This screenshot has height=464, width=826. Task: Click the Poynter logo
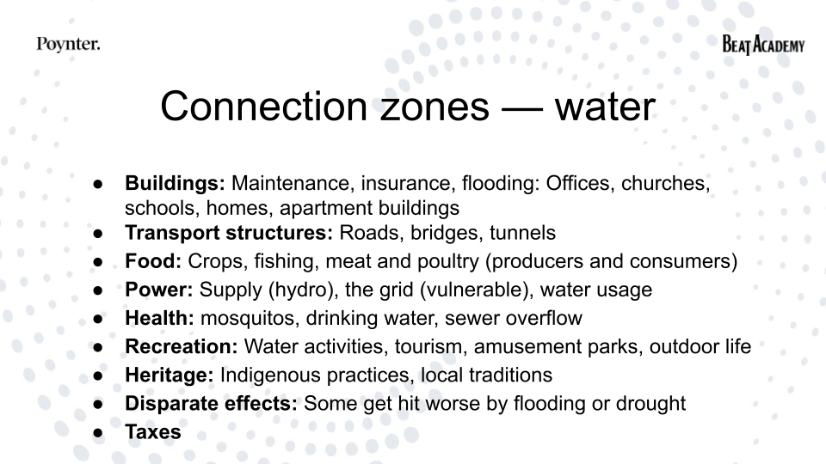point(68,44)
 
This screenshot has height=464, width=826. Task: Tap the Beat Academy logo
point(763,45)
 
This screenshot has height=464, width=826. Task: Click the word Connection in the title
point(263,107)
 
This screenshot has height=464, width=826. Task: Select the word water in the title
point(605,107)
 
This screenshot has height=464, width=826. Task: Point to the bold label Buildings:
point(175,183)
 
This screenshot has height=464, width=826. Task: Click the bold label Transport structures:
point(229,233)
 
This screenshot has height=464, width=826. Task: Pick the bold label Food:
point(153,261)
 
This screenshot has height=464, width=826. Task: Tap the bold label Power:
point(158,290)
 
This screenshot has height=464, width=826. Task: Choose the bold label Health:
point(159,318)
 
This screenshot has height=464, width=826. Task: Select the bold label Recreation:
point(182,346)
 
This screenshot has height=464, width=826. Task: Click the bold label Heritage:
point(170,375)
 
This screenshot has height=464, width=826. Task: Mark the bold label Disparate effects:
point(211,403)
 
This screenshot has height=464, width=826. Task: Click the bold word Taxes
point(153,432)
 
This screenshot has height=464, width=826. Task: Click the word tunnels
point(522,233)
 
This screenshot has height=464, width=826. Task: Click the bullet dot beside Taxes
point(98,432)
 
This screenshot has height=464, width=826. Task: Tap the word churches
point(666,184)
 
